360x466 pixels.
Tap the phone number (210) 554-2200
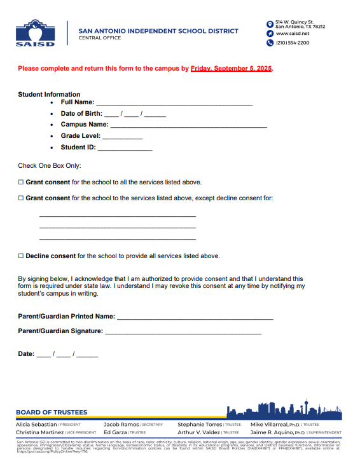coord(293,43)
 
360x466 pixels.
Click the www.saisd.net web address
coord(292,33)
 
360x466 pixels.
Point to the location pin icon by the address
coord(270,24)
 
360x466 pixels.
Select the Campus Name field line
coord(188,126)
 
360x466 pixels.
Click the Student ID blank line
coord(125,149)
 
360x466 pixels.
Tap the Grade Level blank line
coord(122,137)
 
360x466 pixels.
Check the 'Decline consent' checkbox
coord(21,256)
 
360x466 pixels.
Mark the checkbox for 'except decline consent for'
coord(21,198)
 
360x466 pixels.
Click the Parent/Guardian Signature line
coord(183,332)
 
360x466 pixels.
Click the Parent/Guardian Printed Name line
coord(195,317)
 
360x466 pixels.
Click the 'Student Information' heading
coord(49,94)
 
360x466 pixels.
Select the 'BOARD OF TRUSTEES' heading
coord(52,413)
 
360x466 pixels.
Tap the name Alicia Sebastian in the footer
coord(36,424)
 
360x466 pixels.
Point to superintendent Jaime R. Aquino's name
coord(271,432)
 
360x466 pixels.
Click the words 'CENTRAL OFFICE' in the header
coord(99,38)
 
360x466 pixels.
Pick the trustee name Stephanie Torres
coord(200,424)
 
